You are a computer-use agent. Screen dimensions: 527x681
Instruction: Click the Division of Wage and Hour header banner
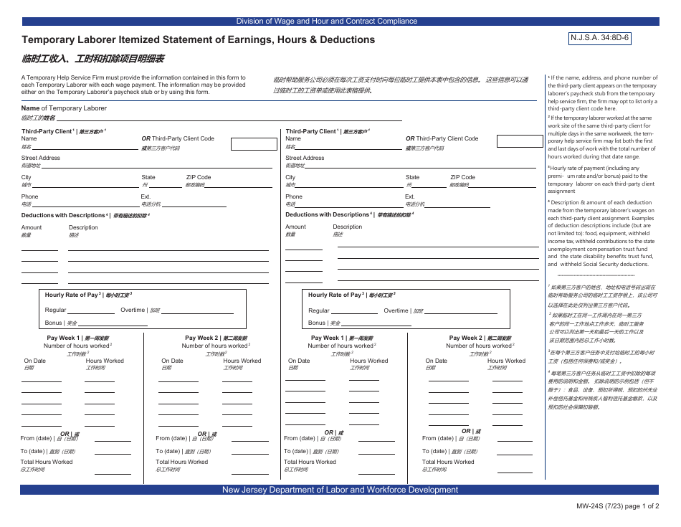[326, 22]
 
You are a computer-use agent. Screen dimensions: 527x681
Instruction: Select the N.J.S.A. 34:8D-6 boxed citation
[599, 38]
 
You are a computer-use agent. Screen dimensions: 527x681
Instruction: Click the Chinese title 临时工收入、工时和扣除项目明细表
[93, 60]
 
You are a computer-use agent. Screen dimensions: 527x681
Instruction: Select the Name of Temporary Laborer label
[64, 108]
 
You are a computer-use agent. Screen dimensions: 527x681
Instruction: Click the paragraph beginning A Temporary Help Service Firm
[133, 85]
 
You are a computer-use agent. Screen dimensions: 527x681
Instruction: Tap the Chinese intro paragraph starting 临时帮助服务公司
[401, 85]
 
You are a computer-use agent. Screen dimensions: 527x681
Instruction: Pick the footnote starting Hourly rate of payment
[602, 179]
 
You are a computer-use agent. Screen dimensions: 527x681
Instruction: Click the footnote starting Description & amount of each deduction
[602, 233]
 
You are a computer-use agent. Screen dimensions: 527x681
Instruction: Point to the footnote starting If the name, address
[602, 93]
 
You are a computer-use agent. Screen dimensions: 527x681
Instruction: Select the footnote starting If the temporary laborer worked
[602, 136]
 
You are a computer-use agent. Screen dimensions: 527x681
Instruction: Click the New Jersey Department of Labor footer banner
[340, 490]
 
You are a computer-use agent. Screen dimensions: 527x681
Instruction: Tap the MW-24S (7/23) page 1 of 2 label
[617, 506]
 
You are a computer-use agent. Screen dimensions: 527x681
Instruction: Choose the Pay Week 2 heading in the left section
[216, 338]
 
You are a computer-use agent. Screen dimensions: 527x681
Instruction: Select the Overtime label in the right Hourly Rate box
[396, 310]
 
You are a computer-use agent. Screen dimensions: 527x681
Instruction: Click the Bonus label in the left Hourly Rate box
[54, 323]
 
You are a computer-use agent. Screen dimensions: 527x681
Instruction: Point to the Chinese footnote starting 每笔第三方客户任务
[602, 389]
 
